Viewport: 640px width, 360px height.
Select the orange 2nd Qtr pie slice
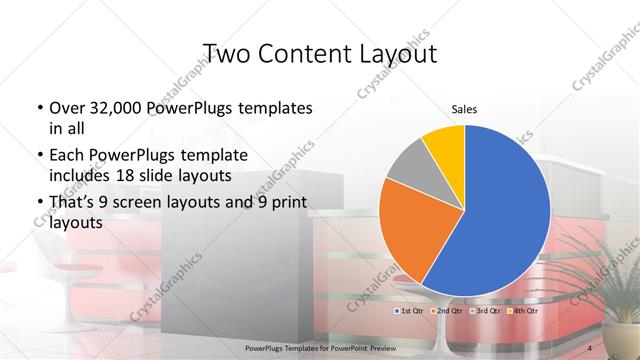point(415,230)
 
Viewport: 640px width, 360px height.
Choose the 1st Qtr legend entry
point(411,311)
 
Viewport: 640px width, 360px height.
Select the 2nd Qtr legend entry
point(447,311)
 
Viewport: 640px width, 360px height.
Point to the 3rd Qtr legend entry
point(485,311)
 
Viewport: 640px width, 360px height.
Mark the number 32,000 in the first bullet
point(124,107)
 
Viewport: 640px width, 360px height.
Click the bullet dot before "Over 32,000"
point(38,108)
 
